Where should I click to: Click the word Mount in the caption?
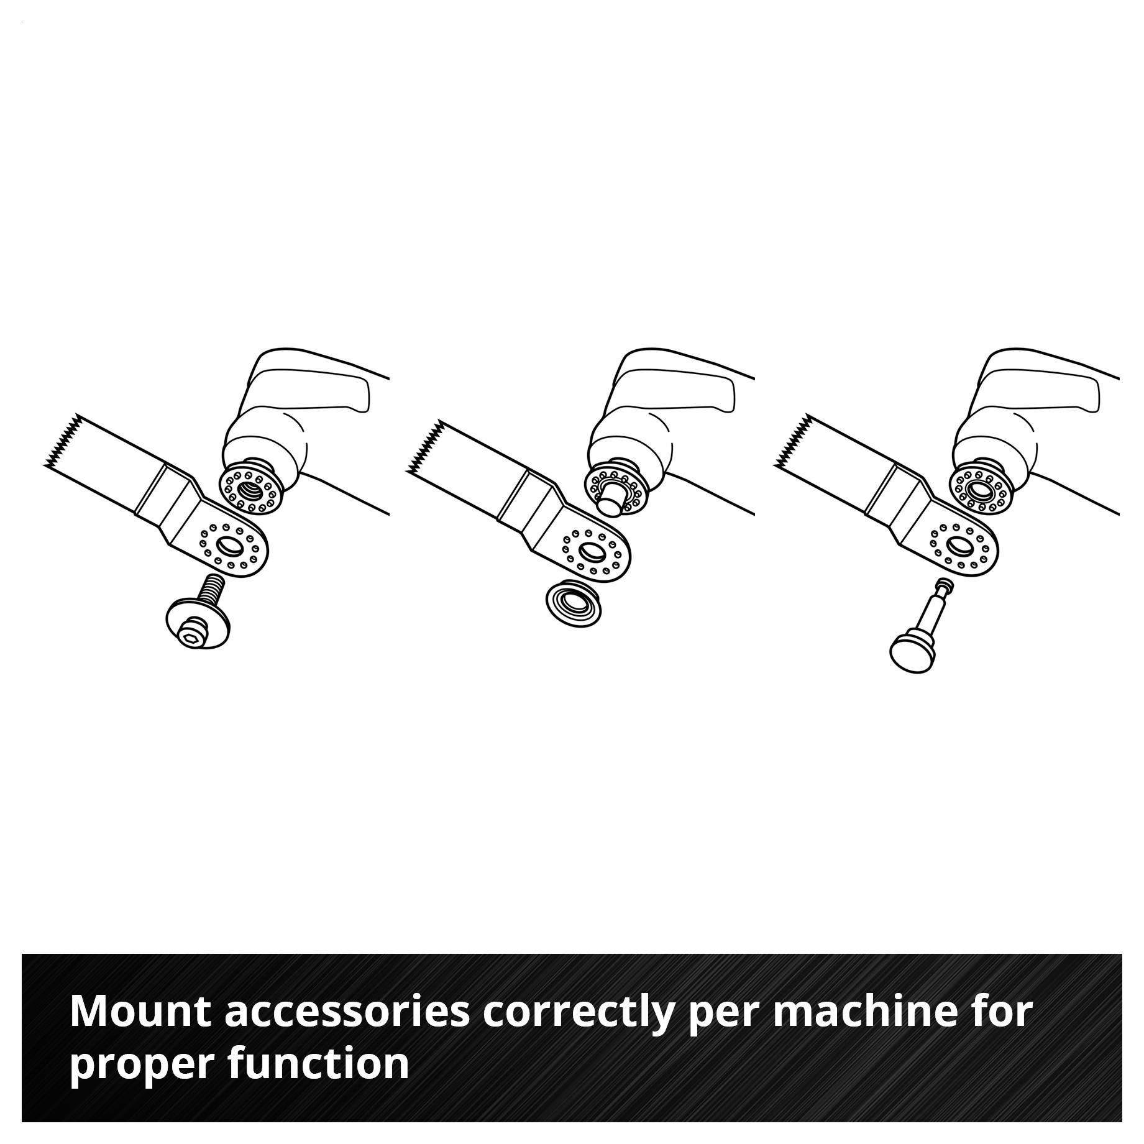[142, 1012]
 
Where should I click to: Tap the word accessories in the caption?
[347, 1012]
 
